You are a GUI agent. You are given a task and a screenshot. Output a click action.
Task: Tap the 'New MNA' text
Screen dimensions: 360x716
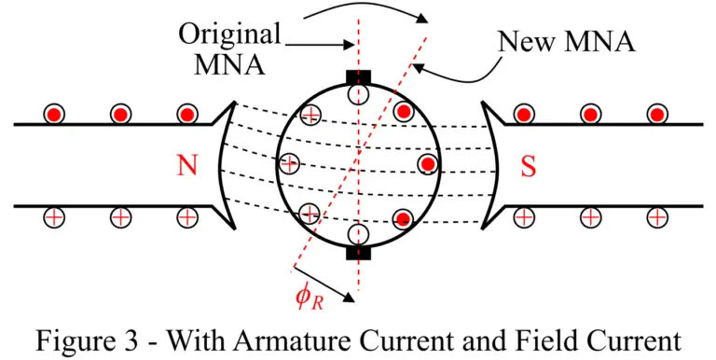tap(566, 41)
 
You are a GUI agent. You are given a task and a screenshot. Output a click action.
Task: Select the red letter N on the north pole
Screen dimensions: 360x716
tap(187, 165)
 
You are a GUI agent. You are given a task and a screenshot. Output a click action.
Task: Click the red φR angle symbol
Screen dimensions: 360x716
tap(310, 298)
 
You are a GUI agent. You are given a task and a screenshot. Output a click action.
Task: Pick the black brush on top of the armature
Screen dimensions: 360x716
tap(358, 76)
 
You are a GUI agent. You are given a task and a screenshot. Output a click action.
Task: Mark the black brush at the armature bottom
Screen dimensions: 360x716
tap(358, 252)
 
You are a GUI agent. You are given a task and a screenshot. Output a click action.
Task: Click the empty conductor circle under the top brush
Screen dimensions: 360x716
tap(358, 94)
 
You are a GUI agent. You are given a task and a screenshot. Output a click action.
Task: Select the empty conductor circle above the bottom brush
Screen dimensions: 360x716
tap(358, 234)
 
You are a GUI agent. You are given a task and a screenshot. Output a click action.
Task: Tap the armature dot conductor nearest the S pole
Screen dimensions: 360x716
tap(427, 164)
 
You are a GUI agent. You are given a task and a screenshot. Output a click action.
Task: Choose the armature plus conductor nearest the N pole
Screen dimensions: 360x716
tap(290, 163)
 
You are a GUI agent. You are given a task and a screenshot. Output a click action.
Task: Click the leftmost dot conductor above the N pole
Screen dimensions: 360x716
tap(55, 114)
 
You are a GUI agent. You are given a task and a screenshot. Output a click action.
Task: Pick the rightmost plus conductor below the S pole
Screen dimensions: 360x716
tap(658, 217)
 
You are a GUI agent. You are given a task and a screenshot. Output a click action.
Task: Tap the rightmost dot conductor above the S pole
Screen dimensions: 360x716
tap(657, 114)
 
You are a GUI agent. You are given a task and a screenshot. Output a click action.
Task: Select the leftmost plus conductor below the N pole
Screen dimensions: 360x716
tap(55, 217)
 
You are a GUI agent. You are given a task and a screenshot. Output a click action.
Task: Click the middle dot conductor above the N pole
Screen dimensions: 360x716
tap(120, 114)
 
